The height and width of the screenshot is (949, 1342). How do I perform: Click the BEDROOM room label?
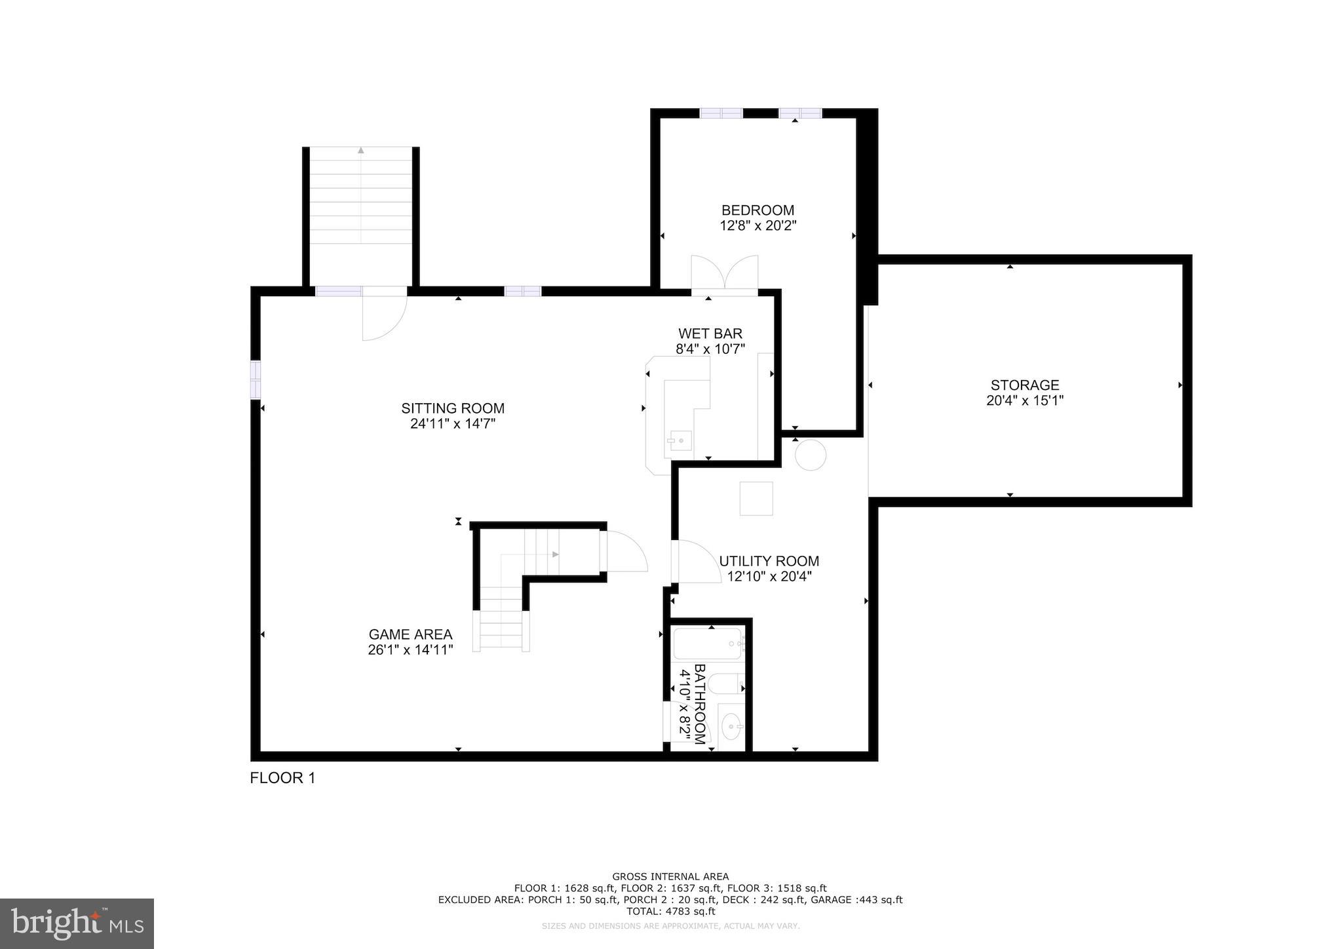[x=757, y=210]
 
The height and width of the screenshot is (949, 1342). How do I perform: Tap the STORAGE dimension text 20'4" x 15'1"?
[x=1024, y=400]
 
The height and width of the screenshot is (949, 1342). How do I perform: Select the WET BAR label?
[x=710, y=334]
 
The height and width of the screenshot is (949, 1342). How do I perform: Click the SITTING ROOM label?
[x=453, y=408]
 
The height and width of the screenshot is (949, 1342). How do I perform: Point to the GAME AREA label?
[x=410, y=634]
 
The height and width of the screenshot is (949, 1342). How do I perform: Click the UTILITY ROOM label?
[x=769, y=561]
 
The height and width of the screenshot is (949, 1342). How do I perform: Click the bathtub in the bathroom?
[x=708, y=644]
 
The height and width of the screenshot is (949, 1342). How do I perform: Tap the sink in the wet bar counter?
[x=680, y=440]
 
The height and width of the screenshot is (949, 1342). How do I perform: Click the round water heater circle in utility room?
[x=811, y=455]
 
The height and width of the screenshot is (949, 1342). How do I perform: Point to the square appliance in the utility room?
[x=756, y=499]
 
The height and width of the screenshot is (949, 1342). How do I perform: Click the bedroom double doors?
[x=725, y=274]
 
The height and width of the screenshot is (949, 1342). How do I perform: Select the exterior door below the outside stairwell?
[x=385, y=315]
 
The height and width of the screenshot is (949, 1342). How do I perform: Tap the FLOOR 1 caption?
[x=282, y=778]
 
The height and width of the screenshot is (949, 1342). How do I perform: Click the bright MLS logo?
[x=77, y=923]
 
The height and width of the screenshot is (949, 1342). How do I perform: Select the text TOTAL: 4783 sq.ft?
[x=670, y=911]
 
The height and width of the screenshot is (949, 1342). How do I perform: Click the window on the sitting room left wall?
[x=256, y=379]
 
